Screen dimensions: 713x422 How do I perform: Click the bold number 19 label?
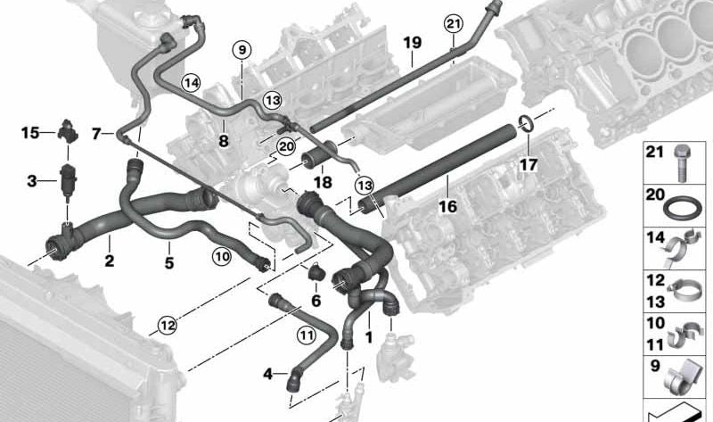(413, 43)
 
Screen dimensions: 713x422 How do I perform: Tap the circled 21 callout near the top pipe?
(454, 24)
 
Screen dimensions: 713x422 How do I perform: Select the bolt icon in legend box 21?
(681, 163)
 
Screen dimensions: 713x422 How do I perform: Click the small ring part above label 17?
(527, 122)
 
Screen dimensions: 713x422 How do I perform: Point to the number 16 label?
(448, 207)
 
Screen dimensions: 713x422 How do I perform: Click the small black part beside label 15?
(68, 130)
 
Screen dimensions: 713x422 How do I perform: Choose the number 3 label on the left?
(31, 181)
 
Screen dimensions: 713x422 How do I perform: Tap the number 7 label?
(96, 134)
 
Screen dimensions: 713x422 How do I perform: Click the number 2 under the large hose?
(109, 261)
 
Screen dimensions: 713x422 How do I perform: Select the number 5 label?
(169, 262)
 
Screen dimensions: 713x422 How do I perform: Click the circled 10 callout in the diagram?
(222, 257)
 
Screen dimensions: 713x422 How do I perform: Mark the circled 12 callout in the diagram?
(168, 326)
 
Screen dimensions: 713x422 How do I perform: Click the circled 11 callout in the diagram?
(306, 336)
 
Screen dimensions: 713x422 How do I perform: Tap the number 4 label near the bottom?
(268, 374)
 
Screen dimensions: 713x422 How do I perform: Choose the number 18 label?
(323, 182)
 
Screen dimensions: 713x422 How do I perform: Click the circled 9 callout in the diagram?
(242, 49)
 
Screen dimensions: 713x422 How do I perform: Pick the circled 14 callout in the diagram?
(191, 83)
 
